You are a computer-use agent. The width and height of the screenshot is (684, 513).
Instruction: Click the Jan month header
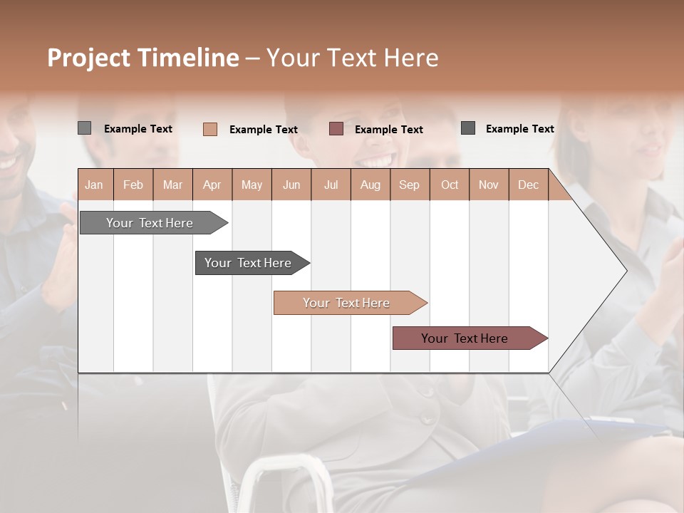pos(95,185)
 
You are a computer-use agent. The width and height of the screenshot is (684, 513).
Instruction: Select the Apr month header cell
pos(212,185)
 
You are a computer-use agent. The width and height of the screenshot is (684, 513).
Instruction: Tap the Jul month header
pos(331,185)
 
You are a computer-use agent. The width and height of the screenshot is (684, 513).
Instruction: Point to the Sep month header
pos(410,185)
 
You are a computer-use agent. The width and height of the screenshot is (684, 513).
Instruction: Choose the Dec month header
pos(528,185)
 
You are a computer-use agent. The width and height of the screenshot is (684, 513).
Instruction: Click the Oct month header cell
pos(450,185)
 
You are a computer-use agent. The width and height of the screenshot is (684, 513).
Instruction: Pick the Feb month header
pos(133,185)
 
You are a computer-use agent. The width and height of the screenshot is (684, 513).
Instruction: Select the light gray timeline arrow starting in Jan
pos(150,223)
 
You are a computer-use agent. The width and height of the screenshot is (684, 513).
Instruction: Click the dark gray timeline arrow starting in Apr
pos(249,263)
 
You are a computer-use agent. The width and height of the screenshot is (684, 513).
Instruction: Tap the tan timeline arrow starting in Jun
pos(347,303)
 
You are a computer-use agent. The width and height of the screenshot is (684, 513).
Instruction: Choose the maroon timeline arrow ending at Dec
pos(465,338)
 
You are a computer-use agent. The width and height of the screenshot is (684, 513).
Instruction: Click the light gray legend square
pos(84,128)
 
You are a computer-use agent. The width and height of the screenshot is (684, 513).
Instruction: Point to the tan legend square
pos(210,129)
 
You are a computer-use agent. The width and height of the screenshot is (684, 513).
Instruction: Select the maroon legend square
pos(336,129)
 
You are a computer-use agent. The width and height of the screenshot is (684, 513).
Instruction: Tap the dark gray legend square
pos(468,128)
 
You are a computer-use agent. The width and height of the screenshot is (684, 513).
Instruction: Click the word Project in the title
pos(89,58)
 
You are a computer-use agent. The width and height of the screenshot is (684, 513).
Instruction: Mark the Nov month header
pos(489,185)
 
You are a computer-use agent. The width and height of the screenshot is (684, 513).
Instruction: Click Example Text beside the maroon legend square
pos(388,130)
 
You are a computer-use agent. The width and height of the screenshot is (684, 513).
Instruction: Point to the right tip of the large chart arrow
pos(626,270)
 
